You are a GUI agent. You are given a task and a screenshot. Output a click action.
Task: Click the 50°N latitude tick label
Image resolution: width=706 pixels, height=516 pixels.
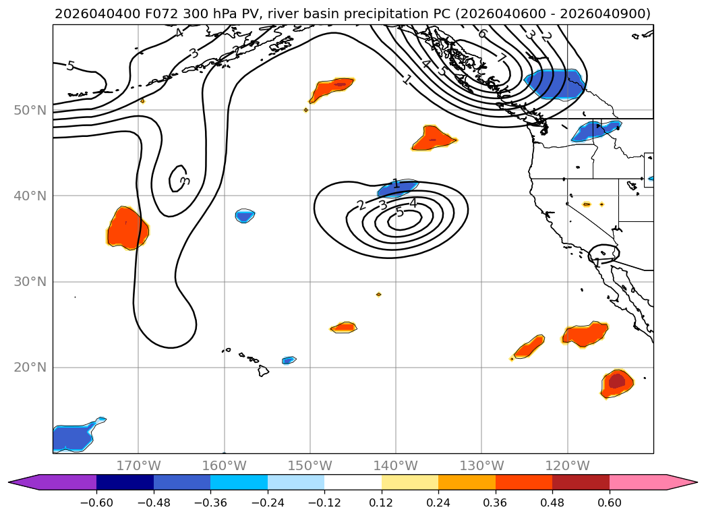tap(30, 110)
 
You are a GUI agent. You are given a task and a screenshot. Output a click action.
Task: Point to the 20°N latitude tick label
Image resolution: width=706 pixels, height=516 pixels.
tap(30, 368)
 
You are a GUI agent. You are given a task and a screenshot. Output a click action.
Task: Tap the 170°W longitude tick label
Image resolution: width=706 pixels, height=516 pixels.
tap(138, 466)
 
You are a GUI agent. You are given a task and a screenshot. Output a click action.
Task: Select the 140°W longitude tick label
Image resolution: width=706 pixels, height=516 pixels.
tap(396, 466)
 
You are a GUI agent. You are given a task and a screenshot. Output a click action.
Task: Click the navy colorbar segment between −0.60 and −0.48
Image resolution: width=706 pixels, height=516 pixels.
tap(125, 482)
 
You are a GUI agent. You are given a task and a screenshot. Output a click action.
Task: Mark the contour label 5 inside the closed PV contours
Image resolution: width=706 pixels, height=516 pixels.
tap(399, 212)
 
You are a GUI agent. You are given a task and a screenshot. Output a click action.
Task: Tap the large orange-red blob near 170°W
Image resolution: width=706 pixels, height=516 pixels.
tap(127, 228)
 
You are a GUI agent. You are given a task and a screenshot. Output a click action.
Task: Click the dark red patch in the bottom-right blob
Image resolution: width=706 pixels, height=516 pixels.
tap(616, 381)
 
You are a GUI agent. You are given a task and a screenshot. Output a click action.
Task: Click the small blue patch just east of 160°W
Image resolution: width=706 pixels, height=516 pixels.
tap(245, 216)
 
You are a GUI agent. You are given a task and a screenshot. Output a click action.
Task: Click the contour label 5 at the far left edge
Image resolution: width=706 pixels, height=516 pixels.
tap(70, 66)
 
